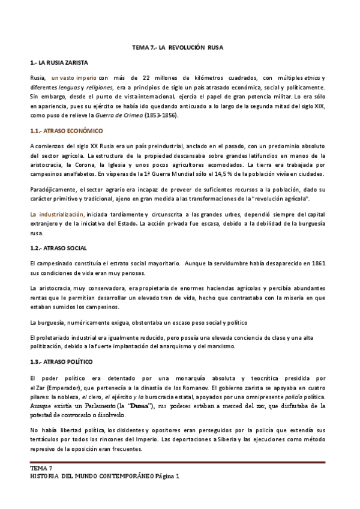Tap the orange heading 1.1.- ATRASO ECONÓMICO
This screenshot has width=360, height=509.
(66, 131)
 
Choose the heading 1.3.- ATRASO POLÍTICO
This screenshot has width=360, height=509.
(61, 362)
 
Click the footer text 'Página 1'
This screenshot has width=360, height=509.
(167, 476)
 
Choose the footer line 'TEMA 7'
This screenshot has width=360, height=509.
(41, 468)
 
